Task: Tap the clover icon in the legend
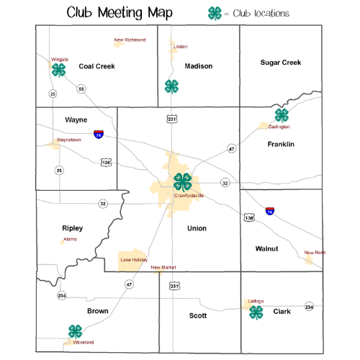point(215,12)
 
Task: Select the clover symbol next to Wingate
point(58,70)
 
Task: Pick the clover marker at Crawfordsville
point(183,181)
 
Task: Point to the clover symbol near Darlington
point(282,115)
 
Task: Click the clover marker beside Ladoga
point(256,312)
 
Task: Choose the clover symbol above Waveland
point(75,330)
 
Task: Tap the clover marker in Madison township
point(171,86)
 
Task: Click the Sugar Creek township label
point(280,63)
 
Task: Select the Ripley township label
point(72,228)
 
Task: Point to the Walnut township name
point(266,248)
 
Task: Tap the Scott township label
point(197,315)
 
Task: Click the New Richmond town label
point(129,40)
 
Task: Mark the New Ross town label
point(315,253)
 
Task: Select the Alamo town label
point(71,238)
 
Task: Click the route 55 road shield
point(81,89)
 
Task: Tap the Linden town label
point(181,46)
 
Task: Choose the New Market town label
point(163,267)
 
